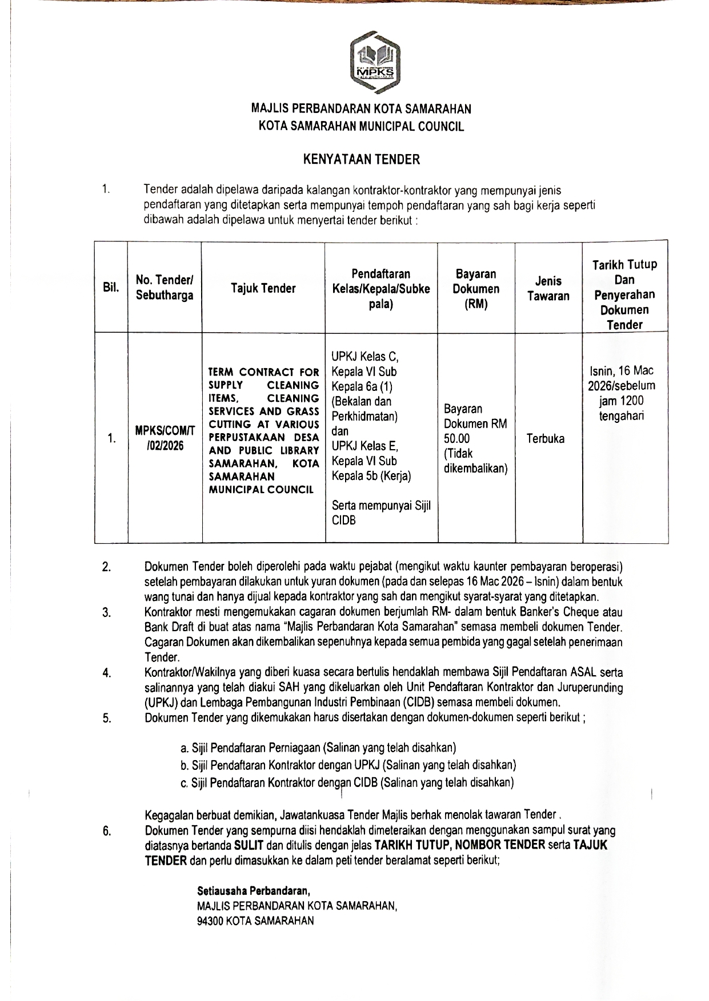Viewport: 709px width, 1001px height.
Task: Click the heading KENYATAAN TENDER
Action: click(x=361, y=160)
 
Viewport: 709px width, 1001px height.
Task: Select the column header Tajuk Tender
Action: click(x=263, y=288)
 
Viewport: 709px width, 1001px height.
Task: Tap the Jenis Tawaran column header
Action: click(x=548, y=288)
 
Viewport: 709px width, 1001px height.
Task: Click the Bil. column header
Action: click(x=111, y=288)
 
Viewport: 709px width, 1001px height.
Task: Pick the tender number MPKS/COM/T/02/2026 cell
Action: click(x=165, y=438)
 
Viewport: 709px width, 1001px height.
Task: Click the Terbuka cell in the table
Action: click(x=546, y=438)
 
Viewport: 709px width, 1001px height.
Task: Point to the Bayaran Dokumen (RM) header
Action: click(x=476, y=289)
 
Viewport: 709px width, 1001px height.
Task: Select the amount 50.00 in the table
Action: click(x=456, y=438)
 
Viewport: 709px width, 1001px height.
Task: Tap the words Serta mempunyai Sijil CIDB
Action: click(x=381, y=512)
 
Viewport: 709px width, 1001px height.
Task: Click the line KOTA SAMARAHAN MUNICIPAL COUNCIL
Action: click(x=361, y=127)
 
